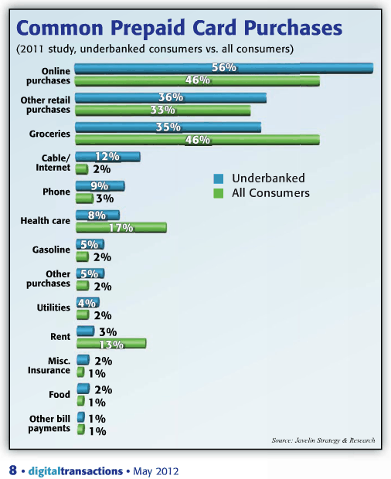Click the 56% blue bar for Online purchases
point(224,68)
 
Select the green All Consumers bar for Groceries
point(198,140)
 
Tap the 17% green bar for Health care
point(121,228)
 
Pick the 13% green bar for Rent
point(111,343)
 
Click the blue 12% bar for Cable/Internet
point(108,157)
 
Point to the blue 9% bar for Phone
point(100,186)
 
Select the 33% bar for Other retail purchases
point(163,110)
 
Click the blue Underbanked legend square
point(219,178)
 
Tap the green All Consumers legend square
point(219,193)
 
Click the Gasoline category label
point(51,250)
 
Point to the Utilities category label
point(53,307)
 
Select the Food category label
point(59,394)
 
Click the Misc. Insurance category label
point(49,365)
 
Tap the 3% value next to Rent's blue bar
point(108,331)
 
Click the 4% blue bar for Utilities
point(87,302)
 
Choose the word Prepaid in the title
point(148,28)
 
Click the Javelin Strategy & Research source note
point(324,440)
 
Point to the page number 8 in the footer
point(13,471)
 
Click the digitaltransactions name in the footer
point(76,471)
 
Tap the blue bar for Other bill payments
point(80,417)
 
